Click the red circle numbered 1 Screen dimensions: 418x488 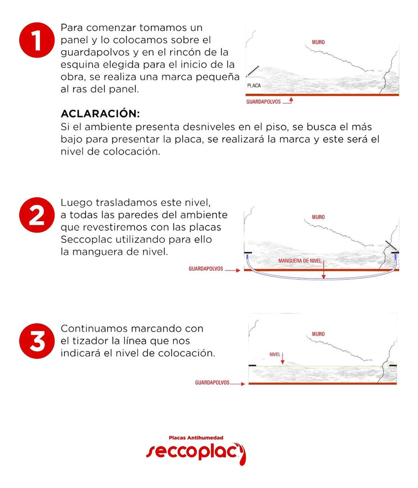37,40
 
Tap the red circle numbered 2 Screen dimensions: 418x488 37,215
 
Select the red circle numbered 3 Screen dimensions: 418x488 37,341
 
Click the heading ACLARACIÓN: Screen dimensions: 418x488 100,113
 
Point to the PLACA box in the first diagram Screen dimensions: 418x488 254,85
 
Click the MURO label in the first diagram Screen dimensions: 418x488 318,42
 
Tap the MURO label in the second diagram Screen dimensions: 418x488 318,217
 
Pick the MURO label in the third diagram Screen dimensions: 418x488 318,334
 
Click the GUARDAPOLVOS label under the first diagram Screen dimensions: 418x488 263,102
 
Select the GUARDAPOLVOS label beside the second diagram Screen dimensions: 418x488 206,269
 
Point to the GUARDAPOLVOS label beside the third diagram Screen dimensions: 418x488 212,383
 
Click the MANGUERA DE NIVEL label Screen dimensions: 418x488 300,261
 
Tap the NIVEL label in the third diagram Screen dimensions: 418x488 275,355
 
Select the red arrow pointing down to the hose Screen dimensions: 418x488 323,269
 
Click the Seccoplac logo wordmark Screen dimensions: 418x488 196,453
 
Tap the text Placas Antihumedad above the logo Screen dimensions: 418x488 196,438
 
